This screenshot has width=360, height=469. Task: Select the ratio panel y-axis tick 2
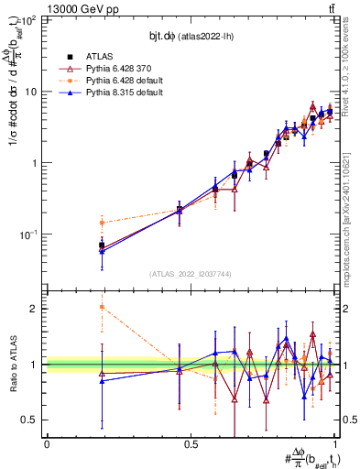click(35, 309)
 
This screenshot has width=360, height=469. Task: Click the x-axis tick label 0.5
click(191, 444)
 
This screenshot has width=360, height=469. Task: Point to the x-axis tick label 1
click(335, 444)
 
